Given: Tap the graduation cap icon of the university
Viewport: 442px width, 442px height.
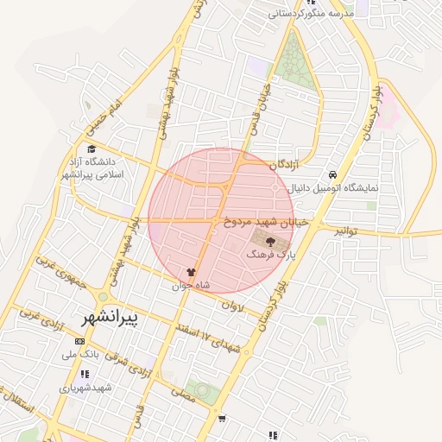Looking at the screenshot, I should click(x=92, y=148).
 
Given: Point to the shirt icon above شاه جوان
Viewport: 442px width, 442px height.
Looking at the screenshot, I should click(x=190, y=271).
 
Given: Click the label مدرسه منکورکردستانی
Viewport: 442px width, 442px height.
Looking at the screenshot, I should click(x=311, y=14).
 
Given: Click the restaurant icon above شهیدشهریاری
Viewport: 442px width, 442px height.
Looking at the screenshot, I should click(x=85, y=375).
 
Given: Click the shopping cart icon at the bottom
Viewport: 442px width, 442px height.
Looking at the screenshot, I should click(x=222, y=419).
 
